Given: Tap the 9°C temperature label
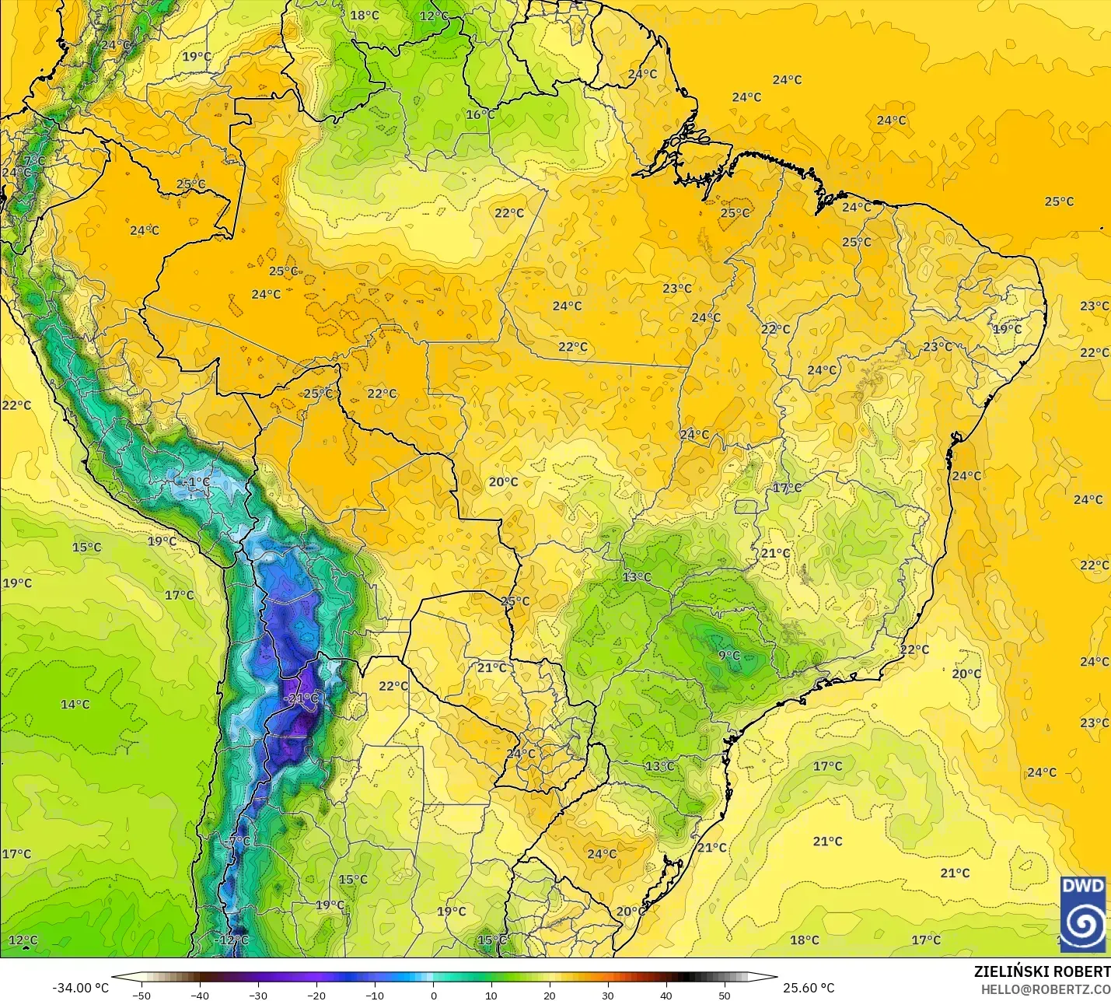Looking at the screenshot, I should [729, 656].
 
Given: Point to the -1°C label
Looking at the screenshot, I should [197, 482].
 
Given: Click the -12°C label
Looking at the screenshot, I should [232, 940].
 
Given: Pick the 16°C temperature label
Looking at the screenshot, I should [480, 114].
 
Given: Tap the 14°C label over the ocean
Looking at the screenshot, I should [75, 704].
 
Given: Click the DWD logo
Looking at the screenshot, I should [1082, 914].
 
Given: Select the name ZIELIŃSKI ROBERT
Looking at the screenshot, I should [1042, 971].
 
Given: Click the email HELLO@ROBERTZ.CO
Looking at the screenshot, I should [1045, 989].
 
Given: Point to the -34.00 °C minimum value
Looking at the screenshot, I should [80, 988].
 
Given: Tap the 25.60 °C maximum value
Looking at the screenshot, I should [809, 988].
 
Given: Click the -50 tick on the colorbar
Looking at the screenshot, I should [141, 995].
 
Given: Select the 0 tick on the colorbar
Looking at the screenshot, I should [433, 995].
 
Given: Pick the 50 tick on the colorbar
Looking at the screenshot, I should [725, 995].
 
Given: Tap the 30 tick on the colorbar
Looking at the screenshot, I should [608, 995].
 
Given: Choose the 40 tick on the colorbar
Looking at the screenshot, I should [666, 995].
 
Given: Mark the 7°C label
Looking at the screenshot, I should [34, 160].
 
